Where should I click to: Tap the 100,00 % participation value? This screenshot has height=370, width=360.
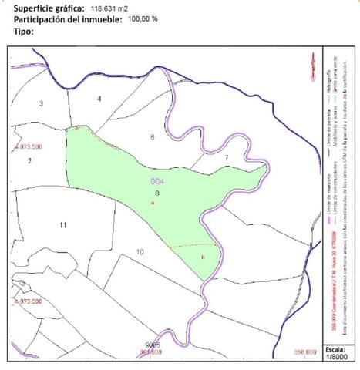[143, 19]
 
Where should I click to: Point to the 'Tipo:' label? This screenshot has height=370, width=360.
[26, 32]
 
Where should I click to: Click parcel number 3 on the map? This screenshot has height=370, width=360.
[41, 103]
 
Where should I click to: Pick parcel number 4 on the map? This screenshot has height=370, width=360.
[99, 99]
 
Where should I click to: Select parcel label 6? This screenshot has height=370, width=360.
[153, 137]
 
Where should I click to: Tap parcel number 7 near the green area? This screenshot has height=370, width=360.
[227, 157]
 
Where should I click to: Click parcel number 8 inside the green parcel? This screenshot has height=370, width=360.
[156, 193]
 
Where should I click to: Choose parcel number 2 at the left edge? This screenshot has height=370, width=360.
[29, 160]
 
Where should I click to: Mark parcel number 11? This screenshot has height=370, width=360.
[63, 224]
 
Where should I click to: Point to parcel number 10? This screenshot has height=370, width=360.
[140, 252]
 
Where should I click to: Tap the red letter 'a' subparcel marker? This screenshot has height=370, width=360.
[153, 203]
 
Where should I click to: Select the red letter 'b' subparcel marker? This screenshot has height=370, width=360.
[202, 257]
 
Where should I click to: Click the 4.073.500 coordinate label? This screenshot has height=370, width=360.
[29, 146]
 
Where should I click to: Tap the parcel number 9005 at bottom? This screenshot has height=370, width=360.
[152, 345]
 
